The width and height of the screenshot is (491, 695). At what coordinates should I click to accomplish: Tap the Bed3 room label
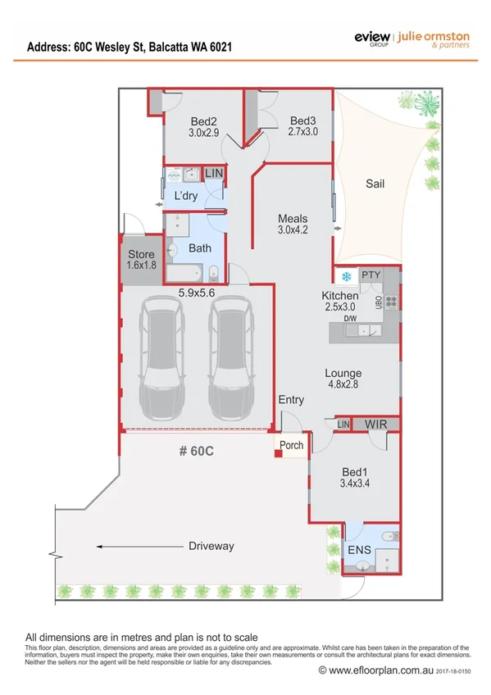pyautogui.click(x=303, y=120)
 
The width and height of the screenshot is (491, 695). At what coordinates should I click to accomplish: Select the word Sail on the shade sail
pyautogui.click(x=375, y=184)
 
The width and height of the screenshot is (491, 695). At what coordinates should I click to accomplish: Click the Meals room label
pyautogui.click(x=293, y=219)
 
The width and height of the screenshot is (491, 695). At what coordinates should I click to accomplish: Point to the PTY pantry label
pyautogui.click(x=371, y=275)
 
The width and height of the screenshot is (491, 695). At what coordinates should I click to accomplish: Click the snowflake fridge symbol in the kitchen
pyautogui.click(x=346, y=275)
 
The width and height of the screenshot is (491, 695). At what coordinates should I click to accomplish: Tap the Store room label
pyautogui.click(x=141, y=254)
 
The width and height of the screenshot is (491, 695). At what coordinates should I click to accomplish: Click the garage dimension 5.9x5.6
pyautogui.click(x=197, y=290)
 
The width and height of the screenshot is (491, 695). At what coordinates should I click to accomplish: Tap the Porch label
pyautogui.click(x=291, y=446)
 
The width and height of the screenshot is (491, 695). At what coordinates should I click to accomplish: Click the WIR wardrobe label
pyautogui.click(x=376, y=424)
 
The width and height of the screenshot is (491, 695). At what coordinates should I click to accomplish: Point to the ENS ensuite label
pyautogui.click(x=359, y=549)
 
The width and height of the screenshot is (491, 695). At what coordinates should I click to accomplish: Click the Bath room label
pyautogui.click(x=200, y=248)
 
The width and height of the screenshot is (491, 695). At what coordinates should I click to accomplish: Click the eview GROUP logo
pyautogui.click(x=372, y=39)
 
